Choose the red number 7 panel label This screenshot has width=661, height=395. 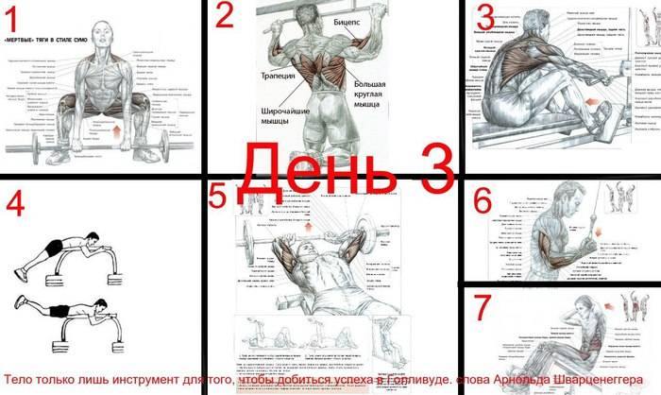click(483, 308)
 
